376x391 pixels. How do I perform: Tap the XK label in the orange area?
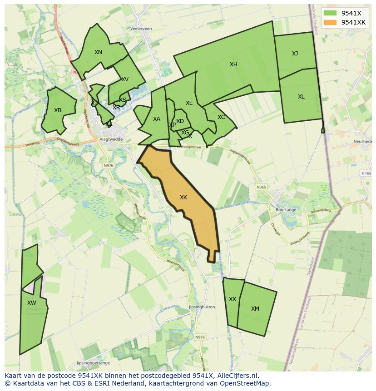click(x=183, y=198)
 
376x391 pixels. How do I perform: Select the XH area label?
click(x=233, y=64)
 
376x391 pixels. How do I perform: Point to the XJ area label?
click(x=295, y=54)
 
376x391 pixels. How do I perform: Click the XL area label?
click(x=301, y=97)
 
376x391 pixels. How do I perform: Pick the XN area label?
click(x=98, y=52)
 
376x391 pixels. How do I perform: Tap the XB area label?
click(x=58, y=110)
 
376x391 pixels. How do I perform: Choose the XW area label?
click(x=31, y=303)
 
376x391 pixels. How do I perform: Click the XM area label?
click(x=255, y=309)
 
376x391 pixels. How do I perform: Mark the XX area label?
click(x=233, y=299)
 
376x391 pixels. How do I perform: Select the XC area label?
click(x=221, y=117)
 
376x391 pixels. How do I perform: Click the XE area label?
click(x=189, y=103)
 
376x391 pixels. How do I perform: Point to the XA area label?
click(x=157, y=119)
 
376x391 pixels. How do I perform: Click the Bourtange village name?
click(x=286, y=210)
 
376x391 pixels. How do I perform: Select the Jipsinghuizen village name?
click(x=202, y=307)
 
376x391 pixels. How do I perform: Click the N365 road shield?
click(x=261, y=187)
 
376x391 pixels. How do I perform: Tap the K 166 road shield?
click(x=366, y=173)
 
